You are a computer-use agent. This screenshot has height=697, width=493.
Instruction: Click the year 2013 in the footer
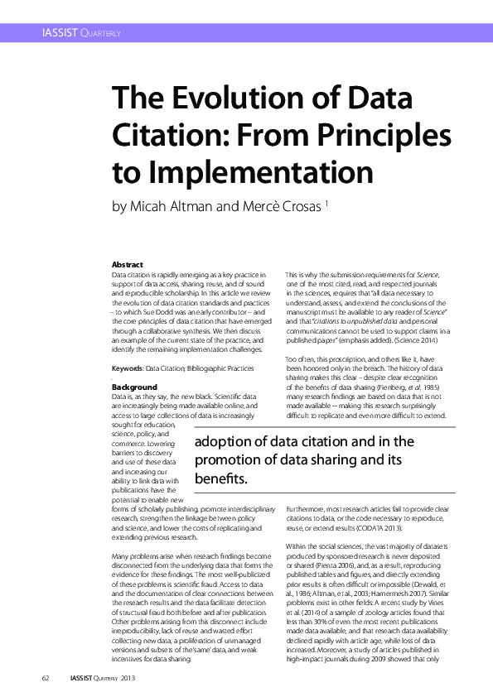pos(128,678)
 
